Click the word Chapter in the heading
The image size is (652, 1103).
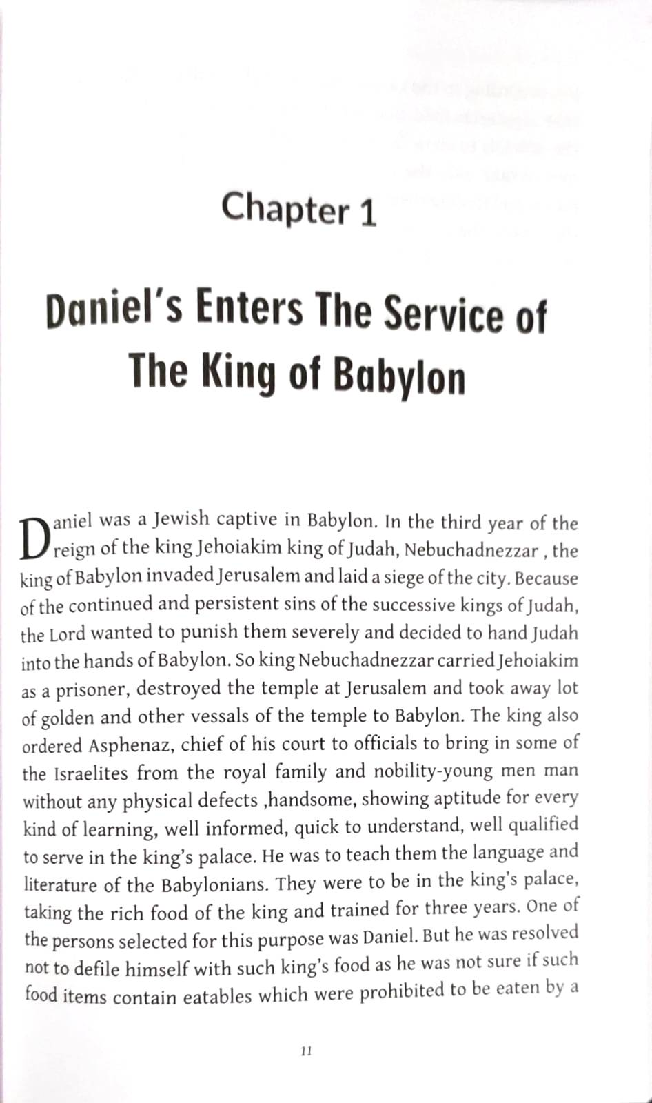tap(286, 208)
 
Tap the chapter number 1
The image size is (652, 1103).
tap(368, 212)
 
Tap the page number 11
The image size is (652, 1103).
tap(307, 1051)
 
